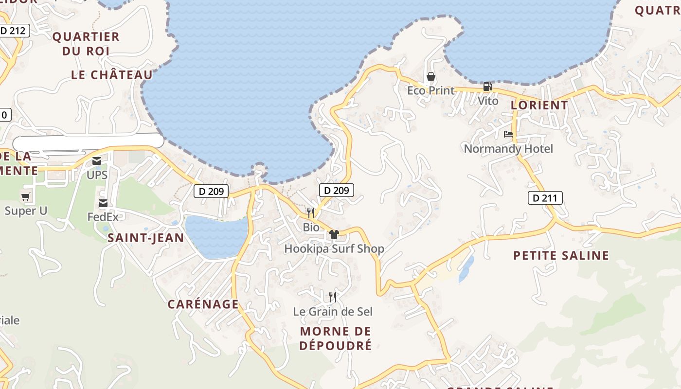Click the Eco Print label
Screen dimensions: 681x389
point(431,90)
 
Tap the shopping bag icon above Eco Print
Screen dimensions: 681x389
point(430,76)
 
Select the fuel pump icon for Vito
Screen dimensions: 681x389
point(487,87)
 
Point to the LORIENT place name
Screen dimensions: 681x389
point(539,105)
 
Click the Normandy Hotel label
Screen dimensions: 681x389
point(508,148)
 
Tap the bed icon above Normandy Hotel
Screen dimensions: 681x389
point(508,134)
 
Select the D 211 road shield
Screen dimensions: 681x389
point(545,198)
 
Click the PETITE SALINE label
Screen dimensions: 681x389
point(561,255)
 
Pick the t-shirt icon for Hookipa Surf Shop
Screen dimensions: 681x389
point(334,234)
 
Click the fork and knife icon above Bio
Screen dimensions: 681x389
point(311,212)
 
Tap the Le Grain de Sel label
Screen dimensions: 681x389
point(333,311)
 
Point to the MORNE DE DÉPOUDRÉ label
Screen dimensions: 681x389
point(336,338)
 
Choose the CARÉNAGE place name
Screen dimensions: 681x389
point(203,304)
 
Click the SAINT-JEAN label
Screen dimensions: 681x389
point(146,238)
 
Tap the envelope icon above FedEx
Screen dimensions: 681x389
point(103,203)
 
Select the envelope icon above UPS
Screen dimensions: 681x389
point(97,161)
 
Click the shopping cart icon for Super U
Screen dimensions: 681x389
point(26,197)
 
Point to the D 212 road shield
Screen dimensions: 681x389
point(14,31)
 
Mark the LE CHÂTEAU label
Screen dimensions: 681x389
point(112,75)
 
